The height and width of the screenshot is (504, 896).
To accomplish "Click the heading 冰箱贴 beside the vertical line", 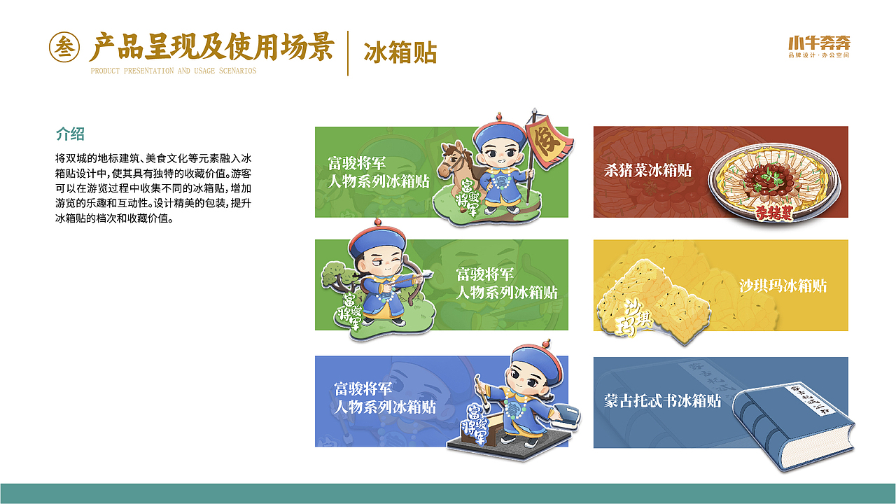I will (x=400, y=52).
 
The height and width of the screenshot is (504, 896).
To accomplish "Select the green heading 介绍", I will (x=70, y=134).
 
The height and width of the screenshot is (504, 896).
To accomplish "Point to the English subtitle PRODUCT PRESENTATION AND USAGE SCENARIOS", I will (x=174, y=71).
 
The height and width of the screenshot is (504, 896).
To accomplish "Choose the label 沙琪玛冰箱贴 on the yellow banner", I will (x=783, y=286).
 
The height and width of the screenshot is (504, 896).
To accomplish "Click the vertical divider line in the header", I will (x=348, y=52).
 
